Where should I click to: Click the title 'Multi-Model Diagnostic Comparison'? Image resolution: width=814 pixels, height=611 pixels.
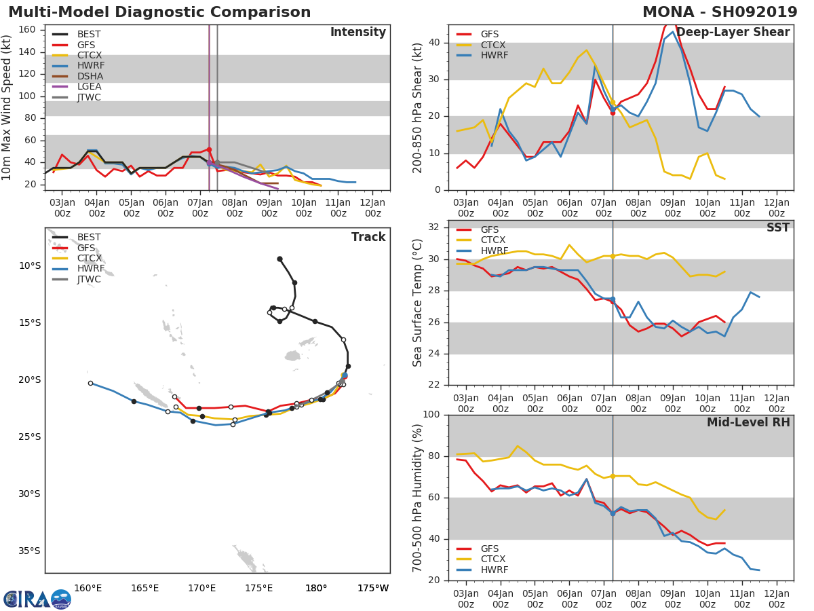click(x=159, y=13)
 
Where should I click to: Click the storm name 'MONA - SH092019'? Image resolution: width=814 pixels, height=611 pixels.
click(x=720, y=13)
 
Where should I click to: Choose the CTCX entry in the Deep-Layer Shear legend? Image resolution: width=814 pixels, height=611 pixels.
click(x=492, y=45)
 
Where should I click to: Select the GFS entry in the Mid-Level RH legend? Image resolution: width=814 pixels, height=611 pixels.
click(x=490, y=549)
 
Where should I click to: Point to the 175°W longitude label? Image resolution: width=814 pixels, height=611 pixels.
click(x=373, y=588)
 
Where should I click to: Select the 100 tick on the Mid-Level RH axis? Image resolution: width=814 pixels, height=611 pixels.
click(x=430, y=415)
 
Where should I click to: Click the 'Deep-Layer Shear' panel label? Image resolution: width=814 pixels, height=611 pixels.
click(x=733, y=33)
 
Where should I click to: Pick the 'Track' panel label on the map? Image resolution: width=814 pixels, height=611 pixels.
click(x=368, y=237)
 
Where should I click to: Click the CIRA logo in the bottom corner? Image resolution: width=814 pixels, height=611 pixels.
click(x=37, y=599)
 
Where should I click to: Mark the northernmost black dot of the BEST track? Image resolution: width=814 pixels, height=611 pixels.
click(x=279, y=259)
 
